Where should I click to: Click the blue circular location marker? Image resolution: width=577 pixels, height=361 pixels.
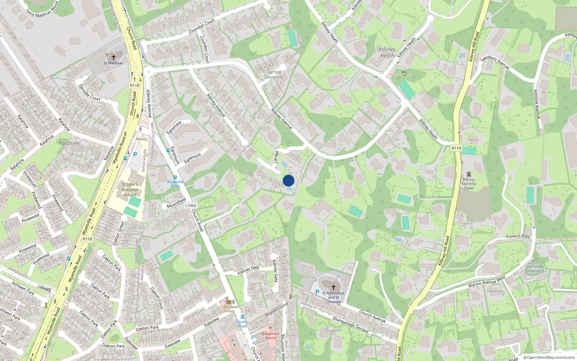288,180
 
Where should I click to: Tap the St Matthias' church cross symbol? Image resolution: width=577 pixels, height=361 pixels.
114,57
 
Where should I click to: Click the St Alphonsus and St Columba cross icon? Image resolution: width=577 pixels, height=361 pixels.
334,287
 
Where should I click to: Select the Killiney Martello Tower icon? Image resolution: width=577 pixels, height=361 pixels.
469,174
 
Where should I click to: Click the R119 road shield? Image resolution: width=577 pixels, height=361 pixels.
456,148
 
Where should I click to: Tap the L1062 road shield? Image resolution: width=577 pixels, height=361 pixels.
191,205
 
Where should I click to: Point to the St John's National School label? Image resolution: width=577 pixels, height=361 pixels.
130,190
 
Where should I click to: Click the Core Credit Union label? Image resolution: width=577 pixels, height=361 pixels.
229,309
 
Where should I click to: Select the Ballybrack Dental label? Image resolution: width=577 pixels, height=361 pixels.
270,336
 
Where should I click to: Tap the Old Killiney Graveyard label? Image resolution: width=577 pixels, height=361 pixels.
534,269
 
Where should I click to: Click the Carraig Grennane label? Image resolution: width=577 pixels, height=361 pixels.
274,74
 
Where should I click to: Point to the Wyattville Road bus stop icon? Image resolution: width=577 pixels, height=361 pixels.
175,177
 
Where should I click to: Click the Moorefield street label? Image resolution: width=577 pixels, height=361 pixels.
176,203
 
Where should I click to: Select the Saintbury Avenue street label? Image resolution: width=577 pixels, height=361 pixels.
495,62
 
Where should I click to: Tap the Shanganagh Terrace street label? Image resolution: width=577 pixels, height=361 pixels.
351,324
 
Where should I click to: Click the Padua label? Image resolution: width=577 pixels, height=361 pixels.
473,140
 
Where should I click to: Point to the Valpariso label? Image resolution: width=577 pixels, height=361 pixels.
494,291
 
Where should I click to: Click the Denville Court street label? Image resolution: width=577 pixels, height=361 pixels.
89,92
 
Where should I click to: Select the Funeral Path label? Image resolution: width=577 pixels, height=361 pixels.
518,236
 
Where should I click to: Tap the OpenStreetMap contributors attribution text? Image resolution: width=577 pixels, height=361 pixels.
551,358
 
